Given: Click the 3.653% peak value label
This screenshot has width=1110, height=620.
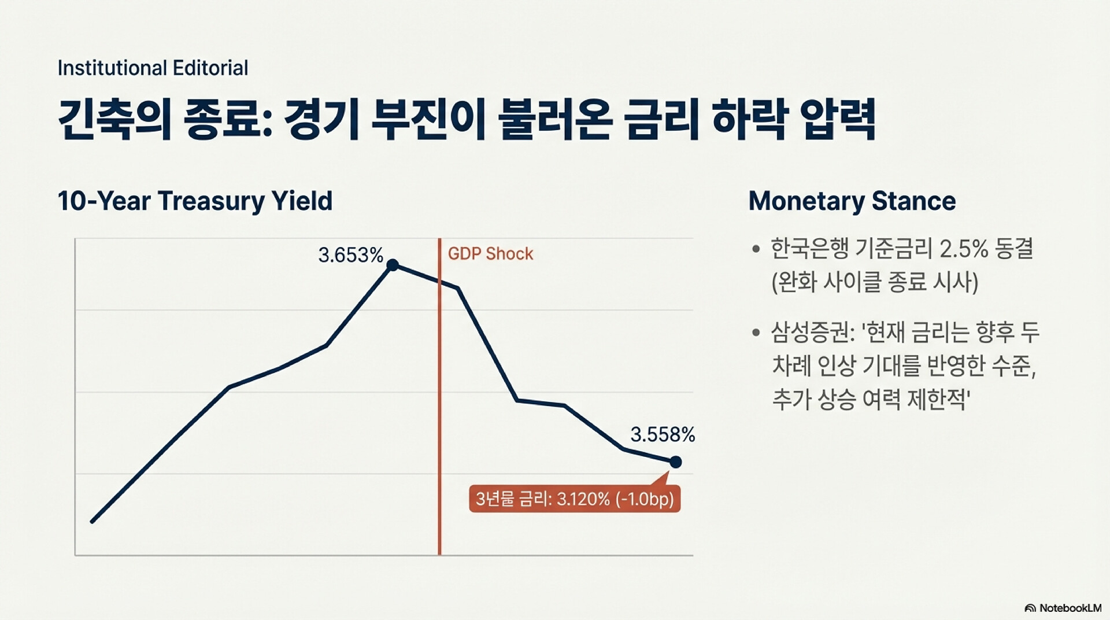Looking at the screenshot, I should pyautogui.click(x=350, y=255).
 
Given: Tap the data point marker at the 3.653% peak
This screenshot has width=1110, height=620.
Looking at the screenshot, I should pyautogui.click(x=393, y=265).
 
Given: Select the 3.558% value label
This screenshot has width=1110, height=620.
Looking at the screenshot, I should pyautogui.click(x=663, y=434).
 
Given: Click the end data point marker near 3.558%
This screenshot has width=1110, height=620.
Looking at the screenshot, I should pyautogui.click(x=675, y=462).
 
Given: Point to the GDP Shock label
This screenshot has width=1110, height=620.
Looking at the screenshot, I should pyautogui.click(x=490, y=254).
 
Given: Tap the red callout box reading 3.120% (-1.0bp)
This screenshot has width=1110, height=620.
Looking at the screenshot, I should pyautogui.click(x=575, y=499).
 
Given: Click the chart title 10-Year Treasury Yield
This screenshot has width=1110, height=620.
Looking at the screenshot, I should pyautogui.click(x=195, y=201).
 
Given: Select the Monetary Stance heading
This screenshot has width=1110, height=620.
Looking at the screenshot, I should pyautogui.click(x=852, y=201).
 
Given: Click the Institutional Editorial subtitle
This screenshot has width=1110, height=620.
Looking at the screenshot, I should pyautogui.click(x=153, y=68).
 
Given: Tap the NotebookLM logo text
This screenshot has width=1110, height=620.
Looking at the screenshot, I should pyautogui.click(x=1070, y=608).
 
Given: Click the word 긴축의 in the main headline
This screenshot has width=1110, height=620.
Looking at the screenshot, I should pyautogui.click(x=114, y=120).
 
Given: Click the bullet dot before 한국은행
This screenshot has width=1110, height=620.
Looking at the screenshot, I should pyautogui.click(x=756, y=249).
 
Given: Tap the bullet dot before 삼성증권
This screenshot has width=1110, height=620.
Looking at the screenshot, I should pyautogui.click(x=756, y=333).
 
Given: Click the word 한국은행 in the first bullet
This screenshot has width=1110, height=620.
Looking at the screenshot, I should pyautogui.click(x=809, y=249).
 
